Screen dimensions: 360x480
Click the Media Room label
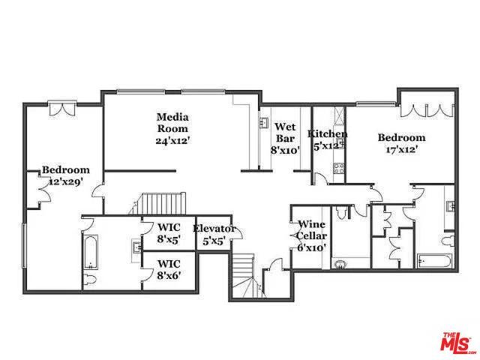(172, 127)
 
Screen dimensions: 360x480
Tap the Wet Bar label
(285, 137)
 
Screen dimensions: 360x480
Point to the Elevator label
(214, 235)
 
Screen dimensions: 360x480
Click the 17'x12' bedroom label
(401, 142)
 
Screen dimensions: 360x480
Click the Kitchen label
(328, 140)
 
